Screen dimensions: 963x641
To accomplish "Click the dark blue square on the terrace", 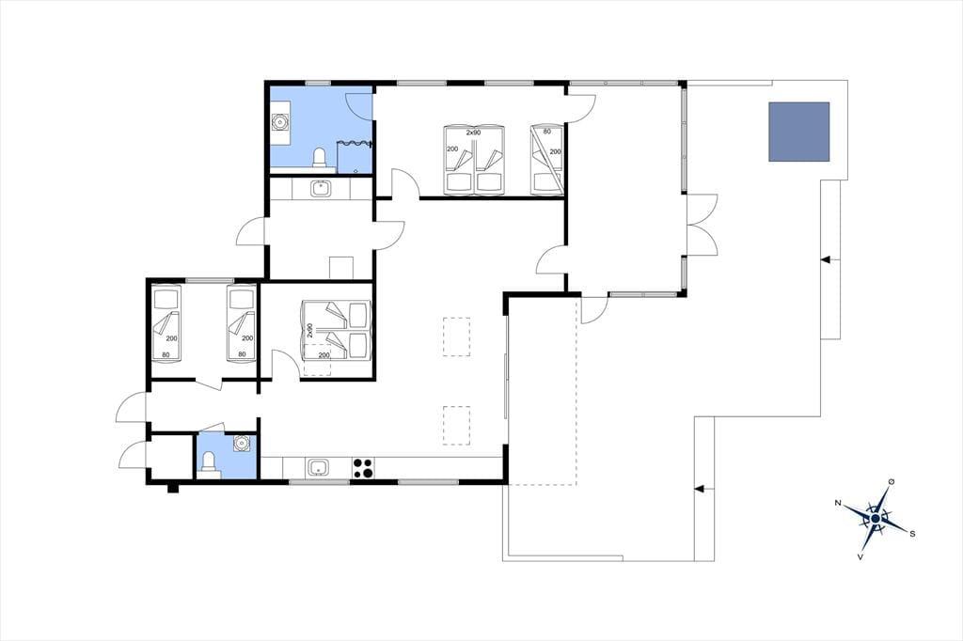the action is click(799, 132).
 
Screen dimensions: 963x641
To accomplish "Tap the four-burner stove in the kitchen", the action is click(363, 468).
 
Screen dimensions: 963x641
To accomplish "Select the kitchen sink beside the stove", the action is click(318, 468).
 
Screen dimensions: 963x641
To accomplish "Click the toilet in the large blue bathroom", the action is click(320, 158).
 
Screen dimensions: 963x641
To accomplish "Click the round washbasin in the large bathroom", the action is click(280, 121).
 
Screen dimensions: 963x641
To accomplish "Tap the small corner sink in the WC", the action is click(242, 443).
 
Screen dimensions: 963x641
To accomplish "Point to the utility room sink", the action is click(320, 189).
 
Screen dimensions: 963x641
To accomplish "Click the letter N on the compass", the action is click(837, 503).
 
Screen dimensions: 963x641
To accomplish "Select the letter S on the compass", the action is click(912, 534).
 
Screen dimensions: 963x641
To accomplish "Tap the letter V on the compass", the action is click(860, 557).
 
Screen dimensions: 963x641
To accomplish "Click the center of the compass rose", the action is click(876, 520).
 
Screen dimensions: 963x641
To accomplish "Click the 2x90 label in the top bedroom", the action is click(473, 132).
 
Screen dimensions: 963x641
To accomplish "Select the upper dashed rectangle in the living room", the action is click(456, 336).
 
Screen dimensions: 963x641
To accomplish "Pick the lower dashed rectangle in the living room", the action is click(456, 425).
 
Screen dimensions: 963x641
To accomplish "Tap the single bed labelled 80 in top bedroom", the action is click(546, 160).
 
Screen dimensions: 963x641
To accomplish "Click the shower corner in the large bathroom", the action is click(355, 157).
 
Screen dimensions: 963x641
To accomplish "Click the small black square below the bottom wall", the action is click(173, 489).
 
